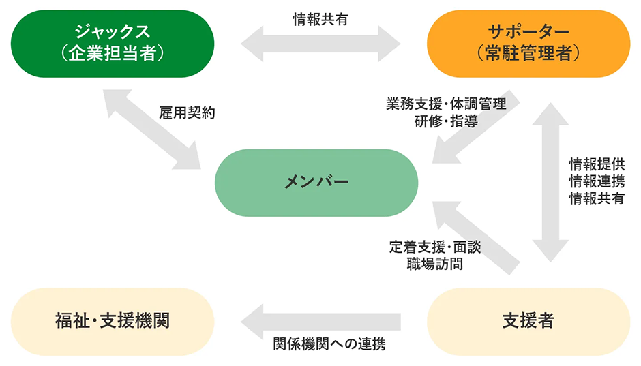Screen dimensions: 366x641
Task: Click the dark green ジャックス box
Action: click(x=113, y=43)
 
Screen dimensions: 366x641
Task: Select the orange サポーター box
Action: click(x=528, y=43)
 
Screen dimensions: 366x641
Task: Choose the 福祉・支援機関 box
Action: click(x=113, y=320)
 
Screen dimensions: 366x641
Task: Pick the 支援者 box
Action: click(x=528, y=320)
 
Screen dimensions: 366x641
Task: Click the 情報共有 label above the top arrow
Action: click(x=320, y=20)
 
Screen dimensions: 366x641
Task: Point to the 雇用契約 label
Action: click(x=187, y=113)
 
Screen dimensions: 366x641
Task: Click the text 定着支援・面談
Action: click(x=435, y=247)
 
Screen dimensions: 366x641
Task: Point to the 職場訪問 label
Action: click(x=435, y=264)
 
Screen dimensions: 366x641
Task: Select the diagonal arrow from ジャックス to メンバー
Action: click(x=151, y=129)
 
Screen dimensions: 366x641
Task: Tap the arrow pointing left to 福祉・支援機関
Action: click(x=320, y=320)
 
